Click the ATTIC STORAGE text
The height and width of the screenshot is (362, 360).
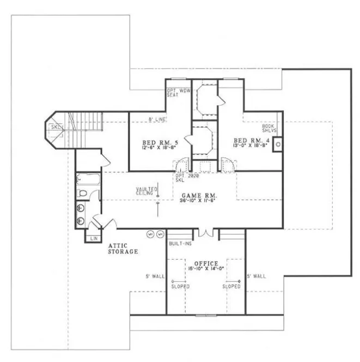coord(123,249)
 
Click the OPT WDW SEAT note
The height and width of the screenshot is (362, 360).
coord(178,93)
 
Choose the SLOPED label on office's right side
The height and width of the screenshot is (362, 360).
coord(232,286)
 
